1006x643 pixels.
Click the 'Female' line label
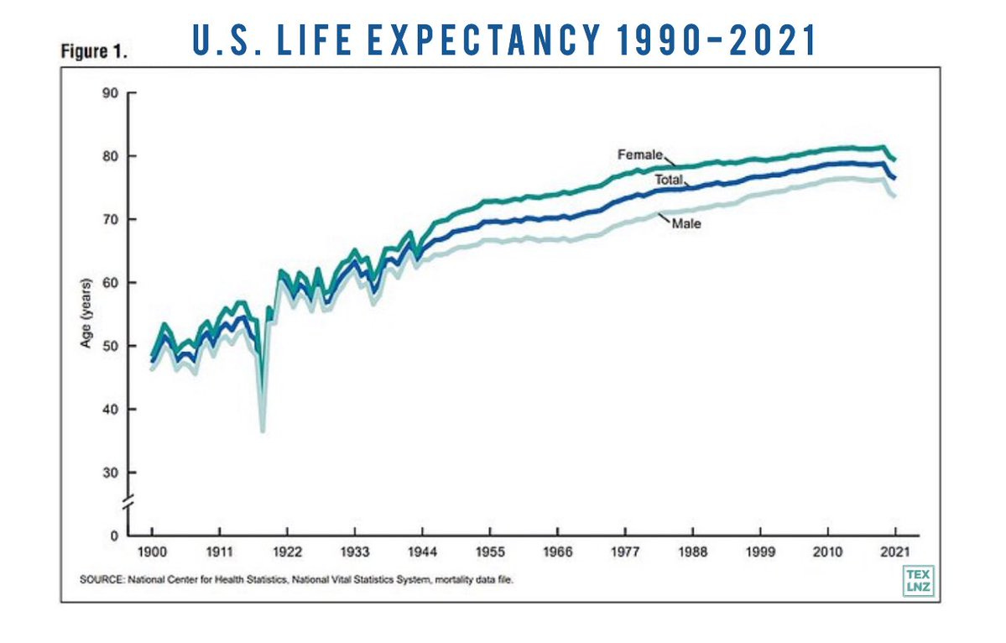640,154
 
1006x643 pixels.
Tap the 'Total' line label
669,180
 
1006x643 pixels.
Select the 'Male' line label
685,224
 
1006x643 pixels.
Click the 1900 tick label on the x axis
151,555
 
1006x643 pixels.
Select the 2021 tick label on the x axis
895,555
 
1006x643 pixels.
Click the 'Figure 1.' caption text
93,51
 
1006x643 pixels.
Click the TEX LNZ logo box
918,580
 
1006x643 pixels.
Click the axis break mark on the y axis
128,505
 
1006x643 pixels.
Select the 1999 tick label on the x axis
760,555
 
